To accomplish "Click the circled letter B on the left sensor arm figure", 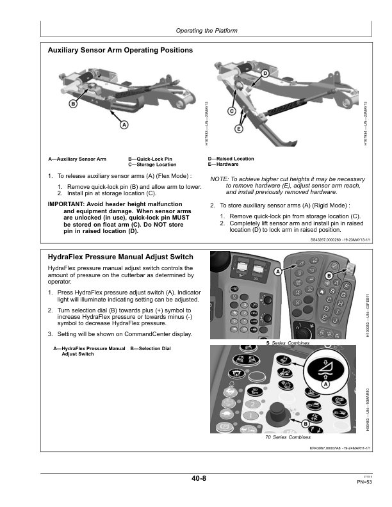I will (x=73, y=104).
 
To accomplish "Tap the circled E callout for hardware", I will (x=238, y=129).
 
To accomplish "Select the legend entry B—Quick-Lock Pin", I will (x=150, y=158).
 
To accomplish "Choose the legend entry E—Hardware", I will (x=223, y=165).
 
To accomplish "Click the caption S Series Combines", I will (x=288, y=344).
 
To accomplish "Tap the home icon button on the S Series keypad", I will (x=320, y=291).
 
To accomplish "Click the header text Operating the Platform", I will (x=206, y=31).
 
